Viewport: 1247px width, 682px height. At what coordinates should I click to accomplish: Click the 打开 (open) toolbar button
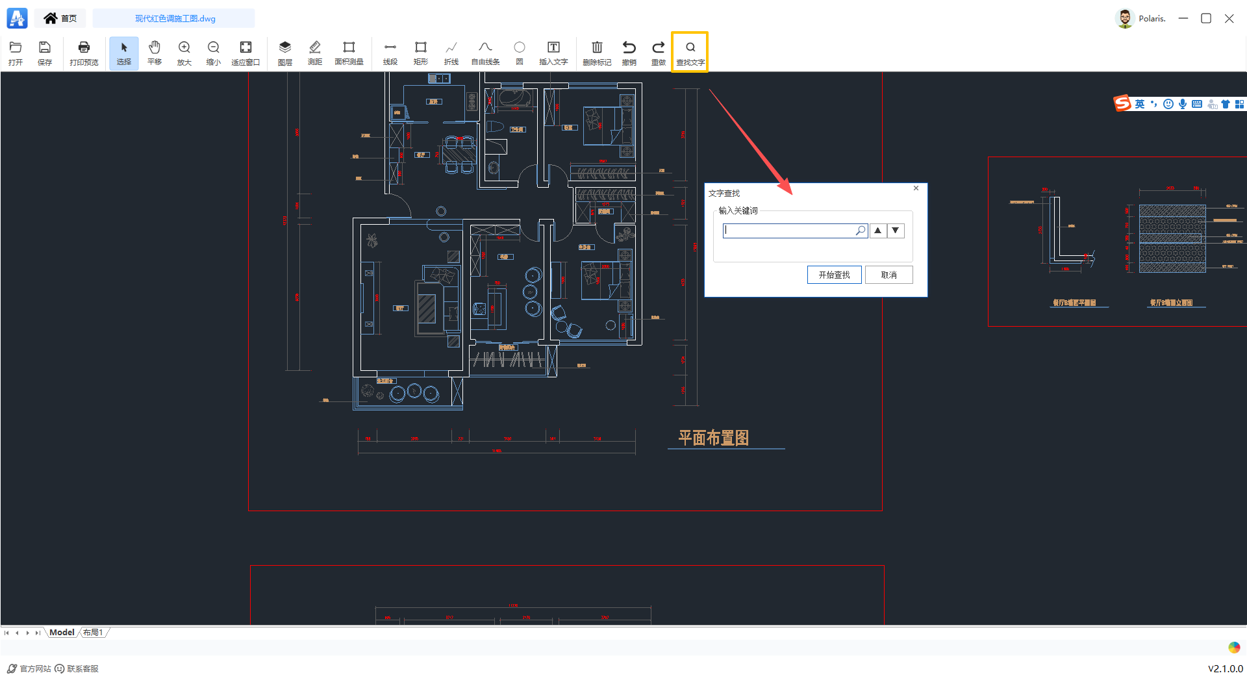tap(16, 53)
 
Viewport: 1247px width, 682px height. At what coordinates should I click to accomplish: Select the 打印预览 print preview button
tap(84, 53)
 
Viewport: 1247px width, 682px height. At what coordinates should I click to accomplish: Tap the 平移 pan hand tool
tap(155, 53)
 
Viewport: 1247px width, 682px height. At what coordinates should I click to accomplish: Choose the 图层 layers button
tap(284, 53)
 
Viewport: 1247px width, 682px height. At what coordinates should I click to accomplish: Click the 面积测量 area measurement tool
tap(349, 53)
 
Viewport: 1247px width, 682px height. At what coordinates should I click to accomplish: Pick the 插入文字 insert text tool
tap(553, 53)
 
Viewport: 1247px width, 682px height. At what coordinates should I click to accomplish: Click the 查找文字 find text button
tap(690, 53)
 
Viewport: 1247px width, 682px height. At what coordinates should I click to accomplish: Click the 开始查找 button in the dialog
tap(834, 275)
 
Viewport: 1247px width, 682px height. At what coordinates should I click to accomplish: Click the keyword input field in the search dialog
tap(789, 231)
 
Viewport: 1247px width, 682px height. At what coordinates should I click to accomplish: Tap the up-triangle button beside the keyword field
tap(877, 231)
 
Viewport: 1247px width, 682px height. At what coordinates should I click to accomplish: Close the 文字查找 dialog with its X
tap(916, 188)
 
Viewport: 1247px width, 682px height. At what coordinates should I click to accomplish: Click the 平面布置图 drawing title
tap(713, 438)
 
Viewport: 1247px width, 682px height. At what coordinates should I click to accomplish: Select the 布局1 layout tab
tap(93, 633)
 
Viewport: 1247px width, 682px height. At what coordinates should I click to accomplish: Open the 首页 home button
tap(60, 18)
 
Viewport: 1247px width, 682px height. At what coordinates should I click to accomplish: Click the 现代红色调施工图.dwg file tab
tap(175, 18)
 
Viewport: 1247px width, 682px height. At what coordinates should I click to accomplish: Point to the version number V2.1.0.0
tap(1225, 668)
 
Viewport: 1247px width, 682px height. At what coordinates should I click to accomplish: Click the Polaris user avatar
tap(1124, 18)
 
